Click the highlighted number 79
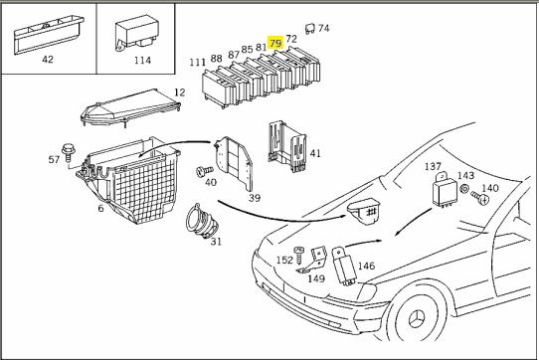click(275, 43)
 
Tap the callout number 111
click(198, 63)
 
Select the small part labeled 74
click(309, 29)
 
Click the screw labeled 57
click(67, 153)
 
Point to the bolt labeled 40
click(204, 171)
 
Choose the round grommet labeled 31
click(202, 222)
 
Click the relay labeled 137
click(445, 191)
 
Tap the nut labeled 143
click(464, 189)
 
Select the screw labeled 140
click(480, 198)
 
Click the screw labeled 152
click(298, 255)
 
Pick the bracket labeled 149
click(313, 261)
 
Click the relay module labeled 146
click(344, 267)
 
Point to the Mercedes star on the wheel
click(417, 319)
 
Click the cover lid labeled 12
click(130, 107)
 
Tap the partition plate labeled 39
click(234, 162)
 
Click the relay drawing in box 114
click(137, 33)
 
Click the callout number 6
click(100, 208)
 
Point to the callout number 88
click(216, 59)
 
